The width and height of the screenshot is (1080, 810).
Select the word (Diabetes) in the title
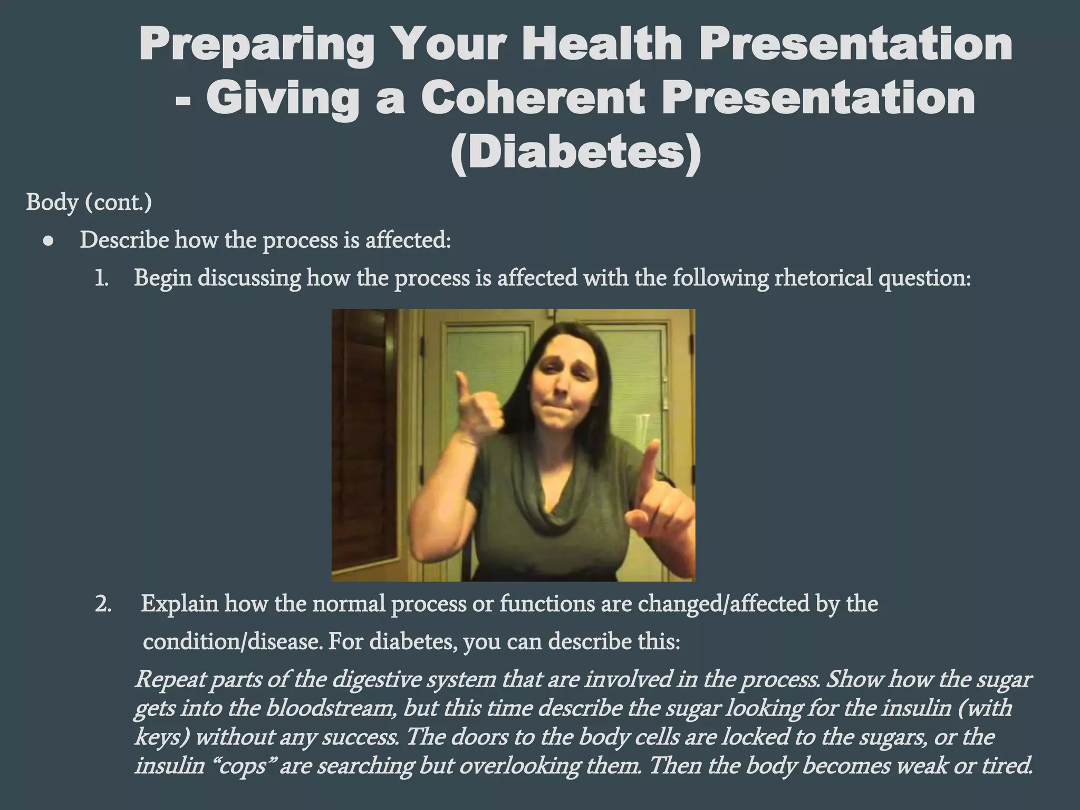(x=576, y=152)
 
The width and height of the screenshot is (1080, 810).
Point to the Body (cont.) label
(x=89, y=202)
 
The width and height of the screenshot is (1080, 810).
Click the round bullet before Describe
(x=49, y=242)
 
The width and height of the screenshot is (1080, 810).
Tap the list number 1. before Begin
(x=101, y=278)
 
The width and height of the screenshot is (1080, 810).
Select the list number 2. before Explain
(x=103, y=604)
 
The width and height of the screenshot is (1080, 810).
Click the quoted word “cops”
(x=242, y=765)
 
